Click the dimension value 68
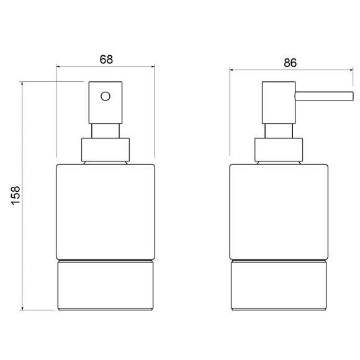106,60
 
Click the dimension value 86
290,63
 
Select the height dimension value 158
16,195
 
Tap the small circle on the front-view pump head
106,96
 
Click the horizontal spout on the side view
324,96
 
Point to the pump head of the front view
106,102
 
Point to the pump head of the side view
279,102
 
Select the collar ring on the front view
106,150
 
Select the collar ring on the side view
279,150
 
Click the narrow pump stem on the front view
106,131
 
